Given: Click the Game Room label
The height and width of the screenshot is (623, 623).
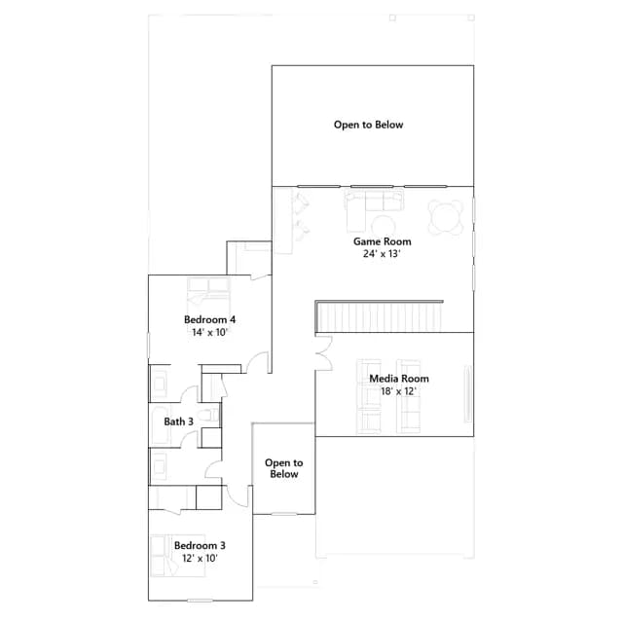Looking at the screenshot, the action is (x=383, y=241).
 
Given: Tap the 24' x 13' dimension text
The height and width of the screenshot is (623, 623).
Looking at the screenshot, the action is (x=382, y=254).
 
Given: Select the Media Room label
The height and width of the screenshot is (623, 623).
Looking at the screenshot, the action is (x=399, y=379).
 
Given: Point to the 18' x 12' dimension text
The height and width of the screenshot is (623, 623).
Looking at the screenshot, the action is (x=398, y=391).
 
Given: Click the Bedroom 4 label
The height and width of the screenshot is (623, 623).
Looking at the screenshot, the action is (x=210, y=319).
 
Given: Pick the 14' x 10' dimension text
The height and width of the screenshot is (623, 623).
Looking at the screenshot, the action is (x=209, y=332).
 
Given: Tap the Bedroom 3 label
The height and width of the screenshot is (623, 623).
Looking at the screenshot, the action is (x=200, y=545).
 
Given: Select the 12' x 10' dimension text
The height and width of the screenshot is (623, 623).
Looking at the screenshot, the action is (x=200, y=558).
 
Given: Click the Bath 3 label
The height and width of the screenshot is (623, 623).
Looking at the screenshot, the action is (x=179, y=421).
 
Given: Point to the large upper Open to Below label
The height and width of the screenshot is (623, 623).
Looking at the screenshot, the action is (x=368, y=125).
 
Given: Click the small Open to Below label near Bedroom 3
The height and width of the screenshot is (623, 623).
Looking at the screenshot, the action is (x=283, y=468).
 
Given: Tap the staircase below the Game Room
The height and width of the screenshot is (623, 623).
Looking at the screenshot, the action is (x=379, y=316).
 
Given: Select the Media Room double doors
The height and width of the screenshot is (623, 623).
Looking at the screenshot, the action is (x=324, y=353).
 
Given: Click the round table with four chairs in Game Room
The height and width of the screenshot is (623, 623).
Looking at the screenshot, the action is (x=446, y=217).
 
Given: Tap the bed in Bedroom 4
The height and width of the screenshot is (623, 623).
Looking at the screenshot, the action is (x=208, y=295).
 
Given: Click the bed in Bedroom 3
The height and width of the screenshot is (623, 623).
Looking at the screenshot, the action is (x=177, y=556).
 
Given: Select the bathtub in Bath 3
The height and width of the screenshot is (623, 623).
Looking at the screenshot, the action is (x=160, y=425).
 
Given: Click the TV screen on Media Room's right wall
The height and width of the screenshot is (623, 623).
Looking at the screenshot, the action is (x=468, y=393).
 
